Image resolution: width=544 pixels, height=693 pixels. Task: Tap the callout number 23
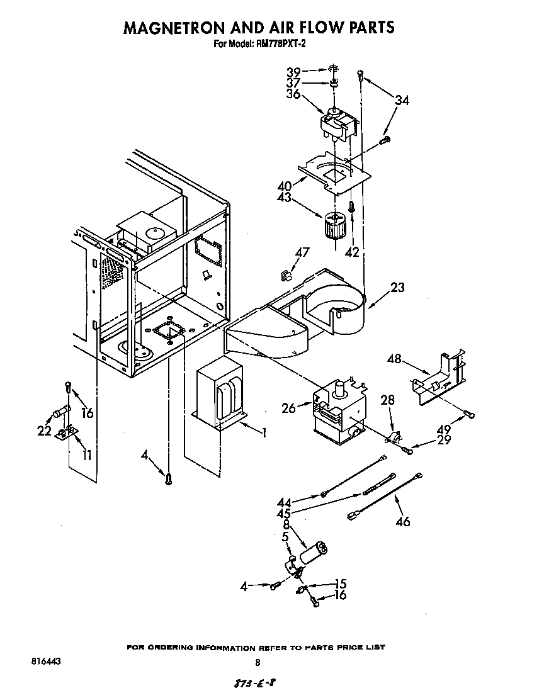[397, 288]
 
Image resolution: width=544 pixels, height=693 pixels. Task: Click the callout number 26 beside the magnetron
[289, 408]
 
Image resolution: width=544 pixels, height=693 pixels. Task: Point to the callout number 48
[395, 359]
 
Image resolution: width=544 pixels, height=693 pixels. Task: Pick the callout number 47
[303, 252]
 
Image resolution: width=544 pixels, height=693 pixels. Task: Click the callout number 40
[285, 186]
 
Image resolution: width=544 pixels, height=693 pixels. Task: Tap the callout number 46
[403, 521]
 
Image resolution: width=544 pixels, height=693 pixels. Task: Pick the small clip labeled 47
[286, 274]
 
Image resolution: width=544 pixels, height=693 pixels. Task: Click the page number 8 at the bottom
[257, 662]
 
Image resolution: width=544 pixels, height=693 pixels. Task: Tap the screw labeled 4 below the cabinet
[168, 479]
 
